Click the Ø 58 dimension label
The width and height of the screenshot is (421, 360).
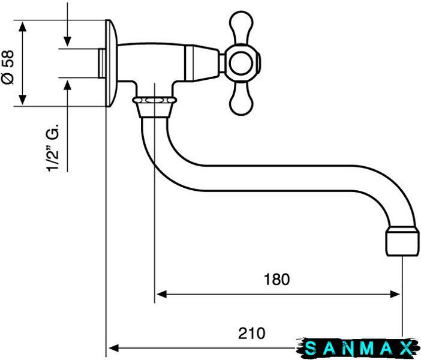click(8, 67)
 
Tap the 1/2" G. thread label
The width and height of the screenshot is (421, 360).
click(52, 148)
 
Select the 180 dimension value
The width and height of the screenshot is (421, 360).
click(277, 279)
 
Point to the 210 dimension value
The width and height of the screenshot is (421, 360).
click(251, 334)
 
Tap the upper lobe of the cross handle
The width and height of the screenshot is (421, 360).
click(241, 28)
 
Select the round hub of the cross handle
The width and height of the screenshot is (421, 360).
click(242, 63)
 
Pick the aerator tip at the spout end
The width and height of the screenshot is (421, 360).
click(402, 241)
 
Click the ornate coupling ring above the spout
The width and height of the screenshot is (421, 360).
click(155, 101)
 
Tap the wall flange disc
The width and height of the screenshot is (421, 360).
click(111, 63)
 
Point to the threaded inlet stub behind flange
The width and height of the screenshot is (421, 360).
click(102, 64)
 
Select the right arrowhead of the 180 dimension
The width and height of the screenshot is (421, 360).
click(395, 294)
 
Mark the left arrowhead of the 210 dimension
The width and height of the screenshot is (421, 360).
click(114, 348)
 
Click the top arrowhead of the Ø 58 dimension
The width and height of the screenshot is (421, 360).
click(23, 28)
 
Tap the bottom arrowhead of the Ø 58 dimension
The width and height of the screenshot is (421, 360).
click(23, 99)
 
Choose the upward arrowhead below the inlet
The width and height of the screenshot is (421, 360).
click(67, 85)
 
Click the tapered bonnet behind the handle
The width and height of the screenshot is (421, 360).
click(202, 63)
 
